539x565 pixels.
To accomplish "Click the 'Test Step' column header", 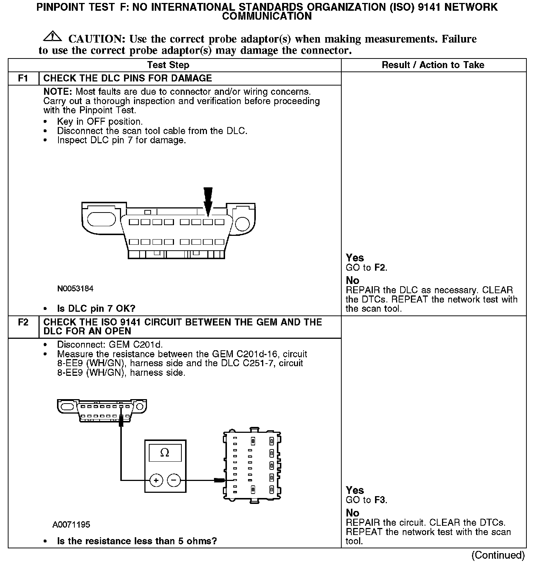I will point(168,65).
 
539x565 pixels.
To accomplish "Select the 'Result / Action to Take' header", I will point(433,65).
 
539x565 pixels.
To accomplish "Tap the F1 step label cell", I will point(23,78).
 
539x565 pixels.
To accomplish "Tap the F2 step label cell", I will point(23,322).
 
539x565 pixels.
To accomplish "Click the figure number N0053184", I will point(75,288).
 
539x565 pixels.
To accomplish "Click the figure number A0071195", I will point(71,525).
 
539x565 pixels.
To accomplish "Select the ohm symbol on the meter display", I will point(165,453).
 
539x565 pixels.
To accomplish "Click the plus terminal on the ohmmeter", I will point(156,481).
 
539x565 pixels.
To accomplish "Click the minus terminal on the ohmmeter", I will point(174,481).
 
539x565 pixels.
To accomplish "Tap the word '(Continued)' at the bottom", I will point(498,555).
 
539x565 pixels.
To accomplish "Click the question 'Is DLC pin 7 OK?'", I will point(96,308).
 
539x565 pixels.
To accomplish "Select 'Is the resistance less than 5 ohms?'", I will point(137,541).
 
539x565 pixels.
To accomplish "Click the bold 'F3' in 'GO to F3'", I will point(380,500).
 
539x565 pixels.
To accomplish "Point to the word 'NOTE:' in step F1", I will point(58,91).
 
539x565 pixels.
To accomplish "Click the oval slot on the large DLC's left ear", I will point(101,219).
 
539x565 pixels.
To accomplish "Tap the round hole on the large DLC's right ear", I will point(243,224).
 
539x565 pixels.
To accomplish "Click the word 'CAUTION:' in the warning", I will point(97,39).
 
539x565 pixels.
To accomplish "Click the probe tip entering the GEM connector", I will point(220,481).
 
